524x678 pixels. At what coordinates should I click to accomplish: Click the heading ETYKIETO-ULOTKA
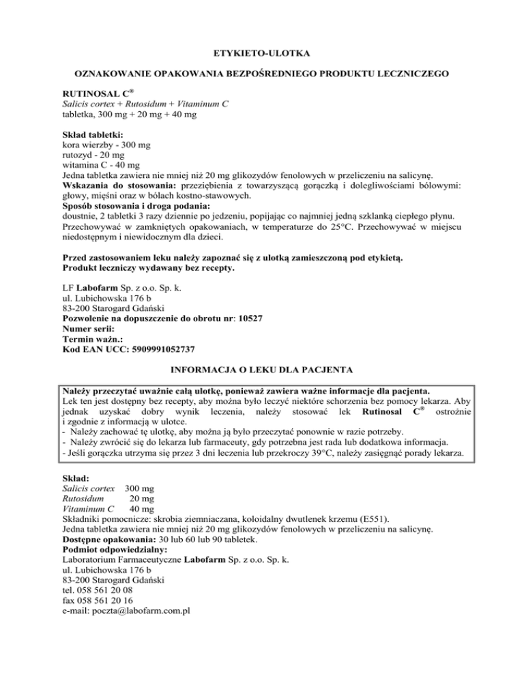click(262, 50)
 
